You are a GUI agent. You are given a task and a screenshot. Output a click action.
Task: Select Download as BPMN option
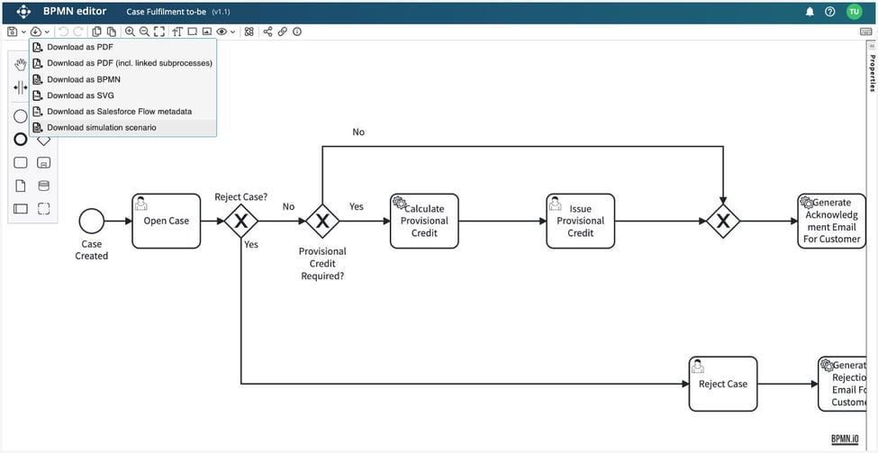(83, 79)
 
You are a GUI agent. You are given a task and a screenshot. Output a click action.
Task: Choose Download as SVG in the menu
(80, 95)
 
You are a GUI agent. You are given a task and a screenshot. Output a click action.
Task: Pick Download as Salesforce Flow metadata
(119, 112)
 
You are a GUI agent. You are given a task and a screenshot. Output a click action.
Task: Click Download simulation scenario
(101, 128)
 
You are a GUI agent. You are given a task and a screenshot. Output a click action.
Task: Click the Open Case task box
(166, 221)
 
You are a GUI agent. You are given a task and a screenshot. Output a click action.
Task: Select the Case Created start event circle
(91, 221)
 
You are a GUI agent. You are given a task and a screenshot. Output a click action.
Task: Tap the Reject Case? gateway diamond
(241, 221)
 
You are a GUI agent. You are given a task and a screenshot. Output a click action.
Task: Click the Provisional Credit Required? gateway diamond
(321, 221)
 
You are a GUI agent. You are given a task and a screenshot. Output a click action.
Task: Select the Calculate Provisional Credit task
(424, 221)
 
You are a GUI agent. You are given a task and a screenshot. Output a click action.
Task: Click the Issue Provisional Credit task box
(580, 221)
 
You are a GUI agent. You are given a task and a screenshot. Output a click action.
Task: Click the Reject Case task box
(722, 384)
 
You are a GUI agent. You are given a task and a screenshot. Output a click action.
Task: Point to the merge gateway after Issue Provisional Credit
(722, 221)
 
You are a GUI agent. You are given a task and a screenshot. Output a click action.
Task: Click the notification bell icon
(809, 12)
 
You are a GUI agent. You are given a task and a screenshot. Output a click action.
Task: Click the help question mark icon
(829, 12)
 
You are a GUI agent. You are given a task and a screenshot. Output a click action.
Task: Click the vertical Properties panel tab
(871, 72)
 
